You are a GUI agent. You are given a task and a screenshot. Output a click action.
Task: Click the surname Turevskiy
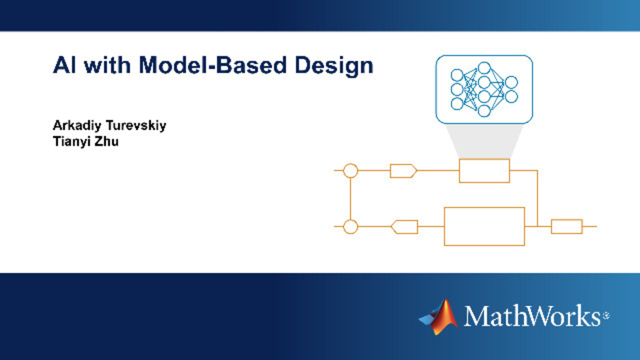coord(136,125)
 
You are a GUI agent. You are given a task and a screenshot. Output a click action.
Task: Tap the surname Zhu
coord(106,141)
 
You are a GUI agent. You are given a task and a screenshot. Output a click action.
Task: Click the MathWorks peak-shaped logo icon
coord(438,316)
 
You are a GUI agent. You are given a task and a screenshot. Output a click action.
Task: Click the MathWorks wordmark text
coord(531,315)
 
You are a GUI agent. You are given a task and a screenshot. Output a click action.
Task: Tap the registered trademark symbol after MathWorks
coord(606,315)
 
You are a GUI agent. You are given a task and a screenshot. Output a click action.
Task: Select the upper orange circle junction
coord(350,163)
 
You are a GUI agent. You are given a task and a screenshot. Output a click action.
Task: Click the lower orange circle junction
coord(350,219)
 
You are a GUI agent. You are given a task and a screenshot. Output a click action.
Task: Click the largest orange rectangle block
coord(444,226)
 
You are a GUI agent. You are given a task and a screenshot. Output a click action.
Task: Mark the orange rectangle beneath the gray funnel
coord(459,171)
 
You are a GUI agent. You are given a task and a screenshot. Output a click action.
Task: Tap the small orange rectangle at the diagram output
coord(551,226)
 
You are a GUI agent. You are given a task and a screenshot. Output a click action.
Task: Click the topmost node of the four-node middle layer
coord(484,62)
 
